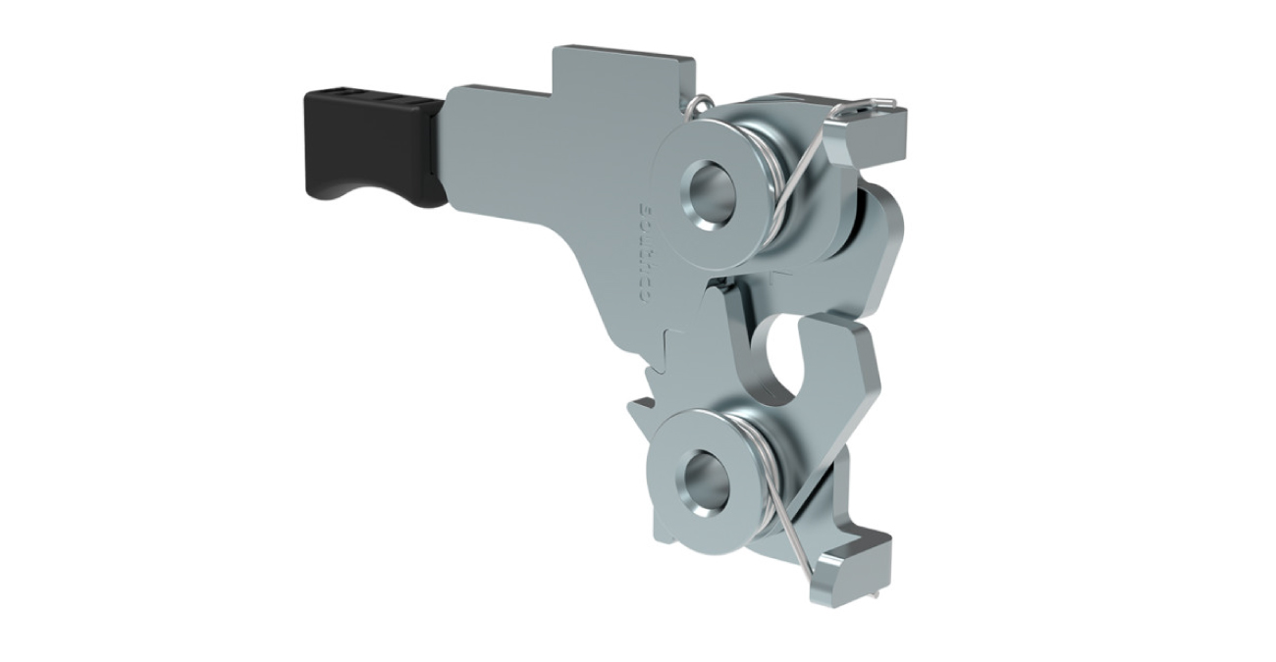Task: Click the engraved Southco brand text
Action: tap(645, 252)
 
